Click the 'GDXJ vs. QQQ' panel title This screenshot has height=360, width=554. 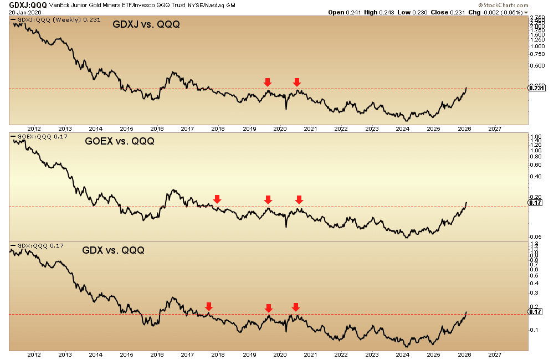coord(146,25)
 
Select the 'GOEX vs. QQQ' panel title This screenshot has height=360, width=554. coord(120,141)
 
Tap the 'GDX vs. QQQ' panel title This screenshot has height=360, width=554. coord(113,250)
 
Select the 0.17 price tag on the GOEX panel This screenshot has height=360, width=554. coord(535,203)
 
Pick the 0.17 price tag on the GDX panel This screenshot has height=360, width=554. coord(535,312)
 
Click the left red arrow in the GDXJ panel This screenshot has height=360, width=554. coord(268,82)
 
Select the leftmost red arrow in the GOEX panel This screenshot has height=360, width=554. coord(217,198)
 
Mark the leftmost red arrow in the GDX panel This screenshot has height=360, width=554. coord(209,306)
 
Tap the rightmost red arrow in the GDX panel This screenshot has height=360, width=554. coord(295,306)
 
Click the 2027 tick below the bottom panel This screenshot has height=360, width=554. coord(495,354)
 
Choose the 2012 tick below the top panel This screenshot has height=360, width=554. coord(34,128)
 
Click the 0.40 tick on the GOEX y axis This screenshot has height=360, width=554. coord(536,176)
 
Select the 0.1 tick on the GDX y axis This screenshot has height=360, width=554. coord(534,330)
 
